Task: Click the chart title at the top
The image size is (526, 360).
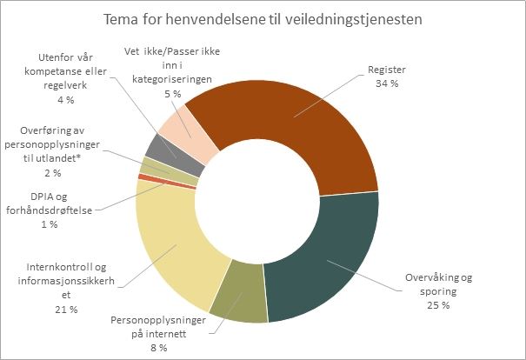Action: coord(263,18)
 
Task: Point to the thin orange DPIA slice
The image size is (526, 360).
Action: coord(139,177)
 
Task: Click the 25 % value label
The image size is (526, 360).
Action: coord(438,306)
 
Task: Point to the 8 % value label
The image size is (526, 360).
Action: coord(158,347)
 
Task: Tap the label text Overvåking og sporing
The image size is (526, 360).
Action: coord(438,284)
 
